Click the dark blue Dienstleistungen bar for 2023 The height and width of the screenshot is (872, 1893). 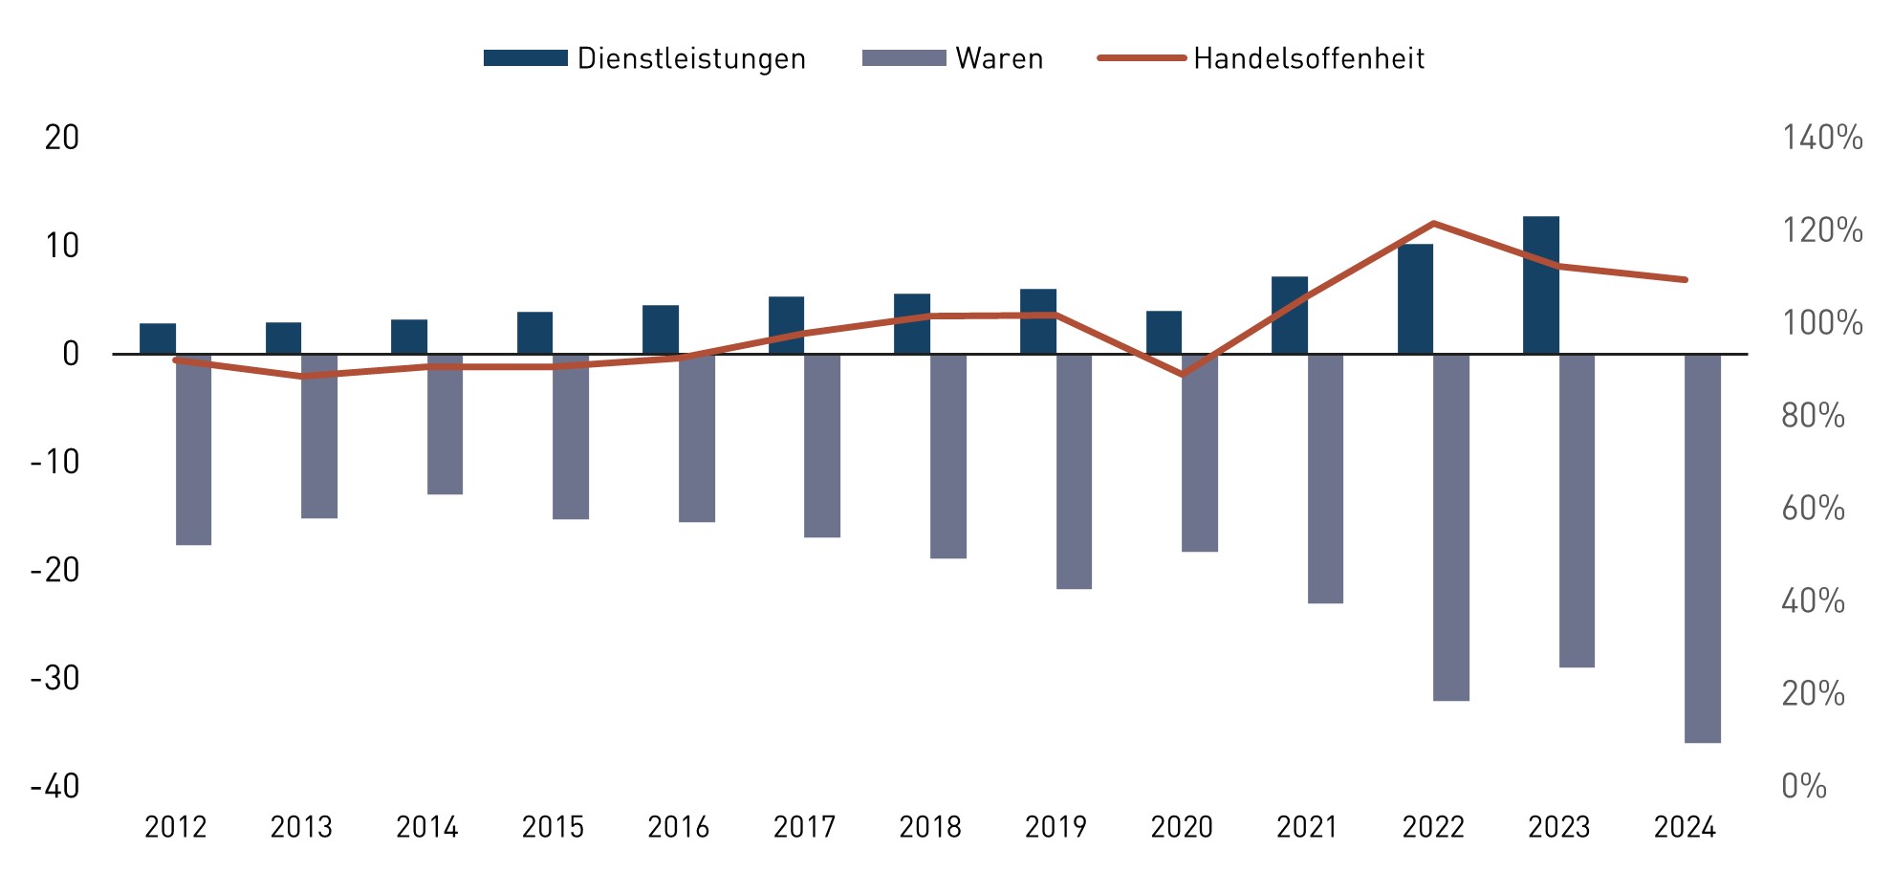click(1540, 285)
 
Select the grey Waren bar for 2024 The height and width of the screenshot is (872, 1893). click(1702, 548)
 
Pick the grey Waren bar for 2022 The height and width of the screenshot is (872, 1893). click(1450, 527)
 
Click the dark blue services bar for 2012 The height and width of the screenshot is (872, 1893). click(158, 338)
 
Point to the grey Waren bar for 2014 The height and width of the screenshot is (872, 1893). click(445, 424)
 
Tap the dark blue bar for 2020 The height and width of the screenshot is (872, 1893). click(1164, 333)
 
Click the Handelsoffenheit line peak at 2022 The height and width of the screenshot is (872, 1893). click(1433, 224)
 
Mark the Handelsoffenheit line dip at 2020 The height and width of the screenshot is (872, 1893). click(1183, 374)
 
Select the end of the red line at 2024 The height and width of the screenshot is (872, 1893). click(1685, 280)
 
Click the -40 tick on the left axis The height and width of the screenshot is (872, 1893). click(55, 786)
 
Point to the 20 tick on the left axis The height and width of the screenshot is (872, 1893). click(62, 138)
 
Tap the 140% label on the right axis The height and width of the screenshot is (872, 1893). click(1821, 138)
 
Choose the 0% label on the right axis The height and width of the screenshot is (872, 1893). click(1803, 786)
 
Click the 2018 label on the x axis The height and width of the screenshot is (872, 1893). click(929, 827)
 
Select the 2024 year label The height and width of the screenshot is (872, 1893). click(1685, 827)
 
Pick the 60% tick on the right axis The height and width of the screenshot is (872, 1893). click(1813, 508)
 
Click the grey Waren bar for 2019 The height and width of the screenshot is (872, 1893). click(1074, 471)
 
